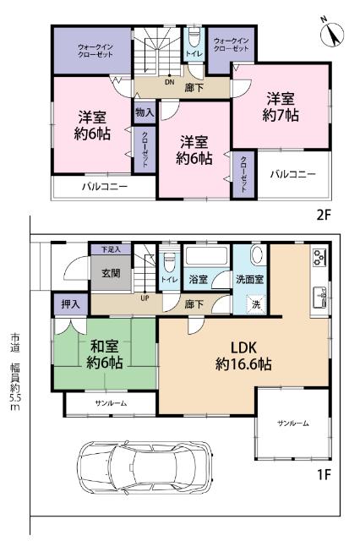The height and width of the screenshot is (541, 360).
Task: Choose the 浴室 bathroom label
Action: (x=199, y=278)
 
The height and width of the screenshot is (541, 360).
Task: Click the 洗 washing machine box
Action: (x=254, y=303)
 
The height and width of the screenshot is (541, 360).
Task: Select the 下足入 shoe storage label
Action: (x=112, y=250)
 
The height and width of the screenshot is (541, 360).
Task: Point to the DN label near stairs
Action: (x=169, y=82)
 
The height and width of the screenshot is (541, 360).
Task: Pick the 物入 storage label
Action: (x=143, y=111)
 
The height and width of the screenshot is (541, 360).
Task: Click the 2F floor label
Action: (x=323, y=215)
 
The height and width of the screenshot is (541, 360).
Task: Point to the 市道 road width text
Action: (x=14, y=372)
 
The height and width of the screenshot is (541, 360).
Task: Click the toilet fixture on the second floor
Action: (x=194, y=38)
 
